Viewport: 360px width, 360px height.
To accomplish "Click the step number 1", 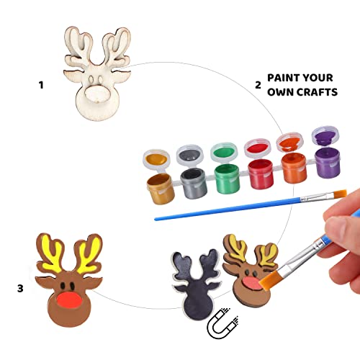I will pos(41,84).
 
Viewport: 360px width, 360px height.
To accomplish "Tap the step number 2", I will pos(257,84).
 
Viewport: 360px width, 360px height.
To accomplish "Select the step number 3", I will pos(21,289).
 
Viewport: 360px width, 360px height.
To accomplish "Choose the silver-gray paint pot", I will pos(193,183).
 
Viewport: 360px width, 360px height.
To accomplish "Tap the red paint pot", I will pos(260,174).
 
